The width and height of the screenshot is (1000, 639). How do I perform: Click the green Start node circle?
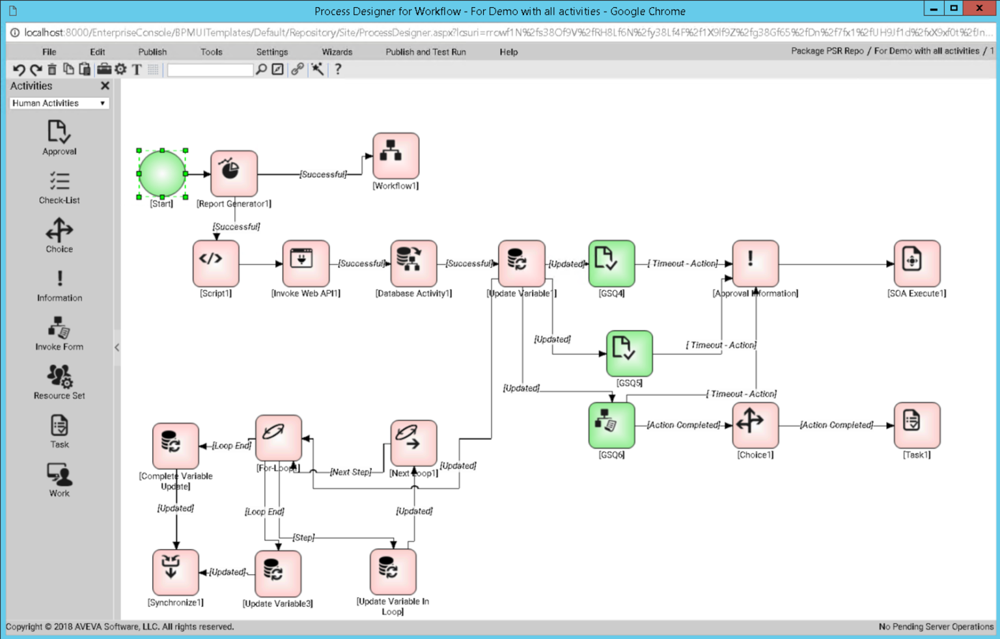click(162, 174)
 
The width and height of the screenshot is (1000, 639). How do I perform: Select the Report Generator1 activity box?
click(234, 173)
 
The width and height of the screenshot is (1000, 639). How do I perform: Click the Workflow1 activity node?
click(395, 156)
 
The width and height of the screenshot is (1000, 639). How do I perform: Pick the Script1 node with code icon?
click(215, 263)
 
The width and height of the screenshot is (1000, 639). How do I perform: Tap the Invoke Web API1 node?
click(305, 263)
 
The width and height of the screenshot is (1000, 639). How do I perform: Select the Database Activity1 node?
click(413, 263)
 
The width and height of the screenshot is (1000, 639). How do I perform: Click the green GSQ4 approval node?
click(611, 263)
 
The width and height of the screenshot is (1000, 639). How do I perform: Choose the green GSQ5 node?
click(629, 353)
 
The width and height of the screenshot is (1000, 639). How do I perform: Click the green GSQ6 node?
click(611, 425)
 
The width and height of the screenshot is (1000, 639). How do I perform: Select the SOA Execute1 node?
click(917, 263)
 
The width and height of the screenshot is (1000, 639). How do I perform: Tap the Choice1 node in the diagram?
click(755, 425)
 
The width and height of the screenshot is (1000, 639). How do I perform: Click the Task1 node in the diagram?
click(917, 425)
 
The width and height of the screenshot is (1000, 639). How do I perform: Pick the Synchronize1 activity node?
click(175, 572)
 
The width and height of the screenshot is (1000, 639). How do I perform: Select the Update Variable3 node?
click(278, 573)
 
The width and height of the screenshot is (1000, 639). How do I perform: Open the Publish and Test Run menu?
click(425, 52)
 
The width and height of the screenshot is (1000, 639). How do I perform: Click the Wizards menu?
click(337, 52)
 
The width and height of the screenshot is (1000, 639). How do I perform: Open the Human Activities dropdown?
click(59, 103)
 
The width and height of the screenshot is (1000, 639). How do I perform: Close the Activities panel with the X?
click(105, 86)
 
